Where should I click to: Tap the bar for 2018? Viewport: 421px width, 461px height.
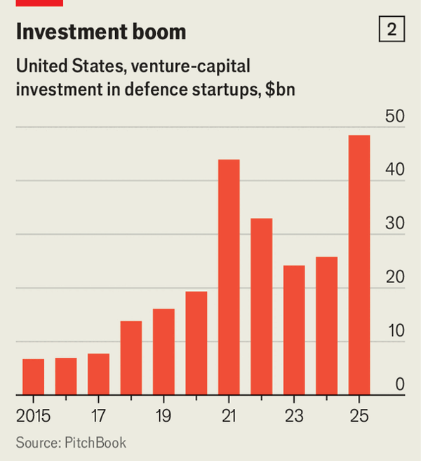click(x=131, y=358)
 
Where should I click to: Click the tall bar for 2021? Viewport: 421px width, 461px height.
click(x=229, y=277)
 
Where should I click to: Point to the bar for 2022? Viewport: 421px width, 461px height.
click(x=262, y=306)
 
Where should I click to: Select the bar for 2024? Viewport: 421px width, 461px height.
click(x=327, y=326)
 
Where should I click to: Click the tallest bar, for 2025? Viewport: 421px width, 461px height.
click(x=359, y=265)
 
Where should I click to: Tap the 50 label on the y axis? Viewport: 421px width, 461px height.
click(x=395, y=117)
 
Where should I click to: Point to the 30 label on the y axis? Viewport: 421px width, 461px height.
click(x=395, y=225)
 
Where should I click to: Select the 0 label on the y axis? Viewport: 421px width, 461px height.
click(x=399, y=385)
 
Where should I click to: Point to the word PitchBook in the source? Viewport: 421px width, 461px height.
click(x=96, y=443)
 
